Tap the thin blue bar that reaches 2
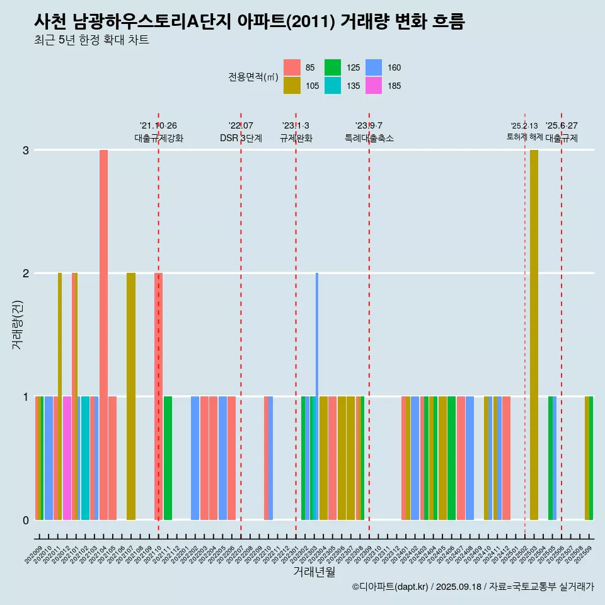pos(317,334)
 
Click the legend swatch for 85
pos(292,67)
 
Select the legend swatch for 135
pos(333,86)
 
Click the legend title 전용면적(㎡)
pos(253,77)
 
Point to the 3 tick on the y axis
pos(26,150)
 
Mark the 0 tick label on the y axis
pos(26,520)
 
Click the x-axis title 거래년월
pos(314,572)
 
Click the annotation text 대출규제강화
pos(159,138)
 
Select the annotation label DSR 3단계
pos(241,138)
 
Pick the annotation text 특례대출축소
pos(369,138)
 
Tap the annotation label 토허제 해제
pos(524,137)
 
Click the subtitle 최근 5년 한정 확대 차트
pos(91,40)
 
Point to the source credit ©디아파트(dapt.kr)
pos(391,587)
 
